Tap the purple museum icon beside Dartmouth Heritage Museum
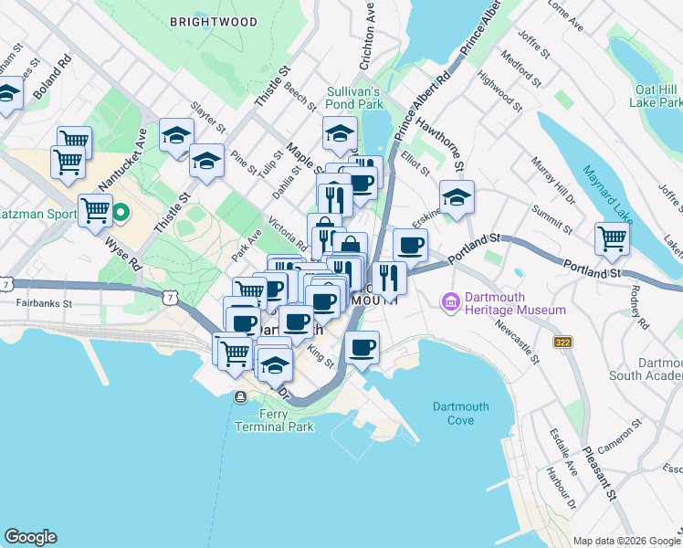pos(450,301)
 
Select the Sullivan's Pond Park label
pos(355,98)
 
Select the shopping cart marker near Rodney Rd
pos(612,239)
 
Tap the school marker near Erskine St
pos(457,196)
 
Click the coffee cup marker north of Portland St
pos(410,245)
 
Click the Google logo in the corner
pos(30,537)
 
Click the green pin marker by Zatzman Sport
pos(120,216)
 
